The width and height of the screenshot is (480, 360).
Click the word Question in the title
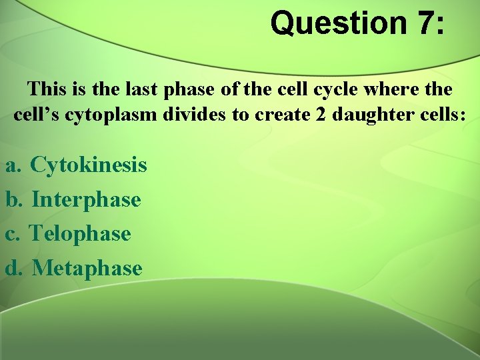(337, 23)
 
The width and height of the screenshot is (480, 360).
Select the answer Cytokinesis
(89, 164)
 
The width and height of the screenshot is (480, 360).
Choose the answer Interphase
(86, 199)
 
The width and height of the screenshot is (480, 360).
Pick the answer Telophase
(81, 233)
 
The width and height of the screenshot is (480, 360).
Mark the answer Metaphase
(87, 268)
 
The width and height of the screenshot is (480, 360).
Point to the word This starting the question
(47, 89)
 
